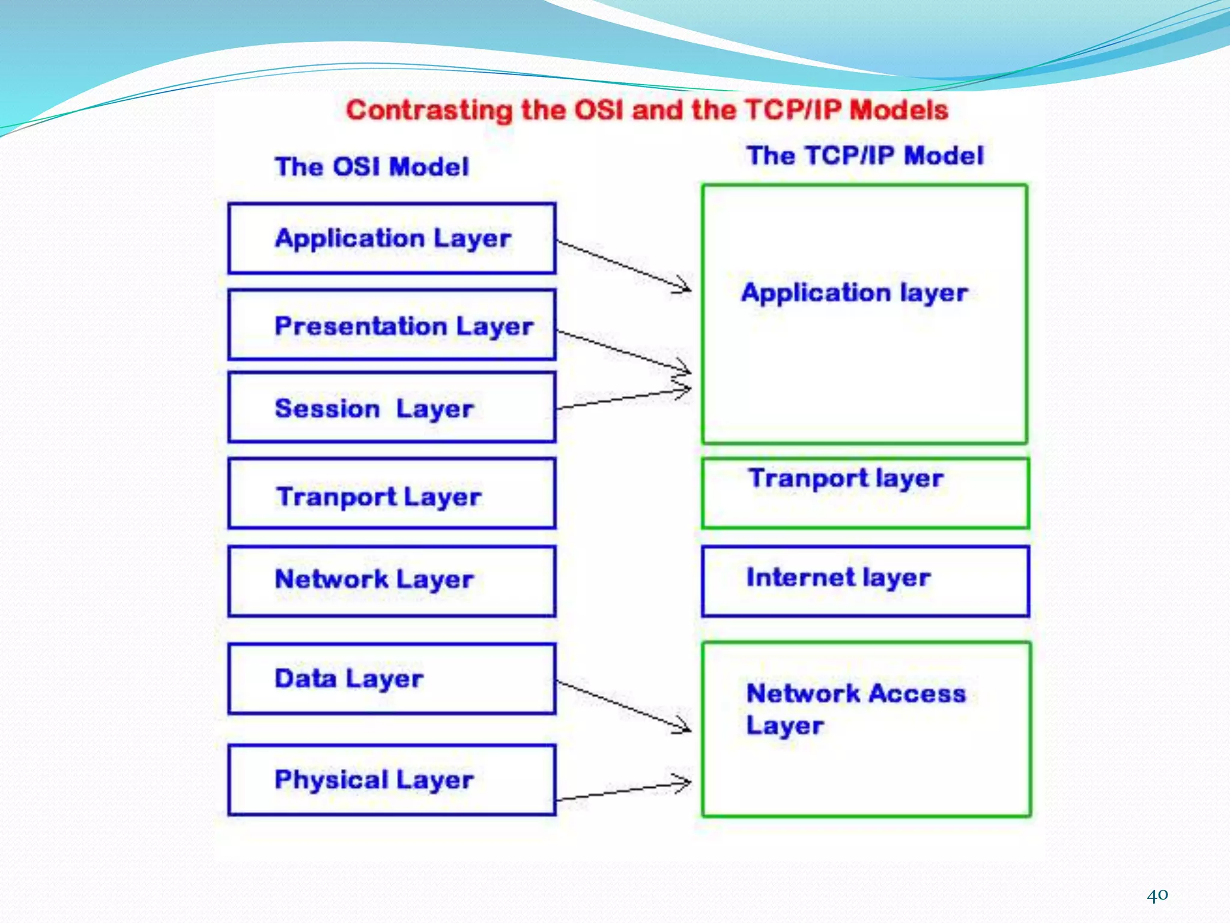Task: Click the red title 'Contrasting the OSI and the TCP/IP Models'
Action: pyautogui.click(x=647, y=111)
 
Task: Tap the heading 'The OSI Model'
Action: pyautogui.click(x=372, y=166)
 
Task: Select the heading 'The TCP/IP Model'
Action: pyautogui.click(x=865, y=156)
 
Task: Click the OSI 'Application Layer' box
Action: pyautogui.click(x=392, y=239)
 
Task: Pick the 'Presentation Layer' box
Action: pyautogui.click(x=392, y=325)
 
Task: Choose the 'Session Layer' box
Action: pyautogui.click(x=392, y=407)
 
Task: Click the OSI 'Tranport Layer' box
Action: pyautogui.click(x=392, y=494)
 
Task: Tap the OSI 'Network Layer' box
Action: pyautogui.click(x=392, y=580)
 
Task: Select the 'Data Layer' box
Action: pyautogui.click(x=392, y=679)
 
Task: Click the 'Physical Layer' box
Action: pyautogui.click(x=392, y=779)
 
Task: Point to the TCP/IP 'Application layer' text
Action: pyautogui.click(x=854, y=293)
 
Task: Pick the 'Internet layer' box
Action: pyautogui.click(x=865, y=580)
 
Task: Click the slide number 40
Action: pyautogui.click(x=1157, y=895)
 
